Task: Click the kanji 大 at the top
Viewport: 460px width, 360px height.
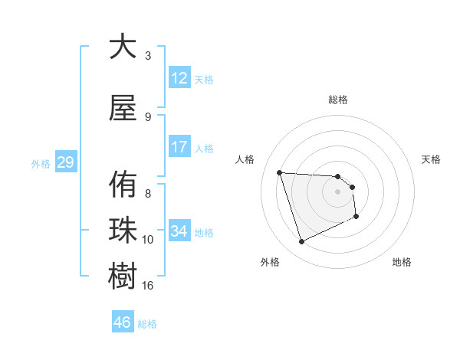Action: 123,47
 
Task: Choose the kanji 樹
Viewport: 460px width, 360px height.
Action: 123,275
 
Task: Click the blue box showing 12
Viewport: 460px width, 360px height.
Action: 179,78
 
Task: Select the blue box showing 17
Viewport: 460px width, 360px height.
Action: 179,147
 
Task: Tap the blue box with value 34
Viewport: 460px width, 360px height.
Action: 179,231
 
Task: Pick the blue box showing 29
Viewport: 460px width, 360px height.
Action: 65,162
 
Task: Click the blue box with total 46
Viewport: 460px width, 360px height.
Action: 123,322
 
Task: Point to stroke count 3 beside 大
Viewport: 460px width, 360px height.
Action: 148,55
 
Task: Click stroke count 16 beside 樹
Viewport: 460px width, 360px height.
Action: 148,285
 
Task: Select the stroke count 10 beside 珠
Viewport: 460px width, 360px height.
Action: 148,240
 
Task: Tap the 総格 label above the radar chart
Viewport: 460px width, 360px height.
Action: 338,100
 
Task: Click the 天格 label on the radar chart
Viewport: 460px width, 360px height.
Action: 432,159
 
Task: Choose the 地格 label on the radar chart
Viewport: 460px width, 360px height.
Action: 402,262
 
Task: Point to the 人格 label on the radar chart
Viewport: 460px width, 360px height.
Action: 245,159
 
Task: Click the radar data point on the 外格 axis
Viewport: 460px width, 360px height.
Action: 301,242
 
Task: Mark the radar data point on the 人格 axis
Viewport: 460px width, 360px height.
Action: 279,172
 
